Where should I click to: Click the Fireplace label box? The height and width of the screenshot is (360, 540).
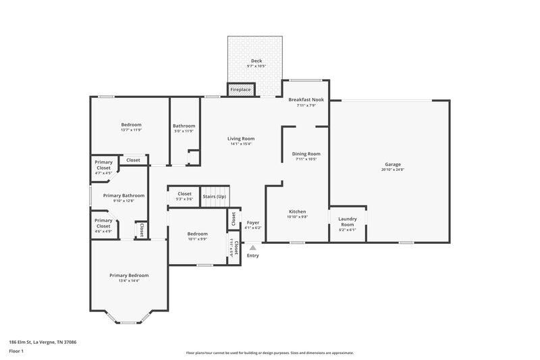[x=240, y=89]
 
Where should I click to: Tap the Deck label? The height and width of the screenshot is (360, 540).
[x=256, y=61]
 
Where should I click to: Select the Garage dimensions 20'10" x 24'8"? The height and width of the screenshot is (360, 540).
[x=392, y=170]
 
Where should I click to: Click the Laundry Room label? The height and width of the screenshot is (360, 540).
[x=348, y=221]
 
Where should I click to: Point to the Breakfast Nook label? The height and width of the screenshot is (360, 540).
[x=310, y=99]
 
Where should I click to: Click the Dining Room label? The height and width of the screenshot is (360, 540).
[x=306, y=153]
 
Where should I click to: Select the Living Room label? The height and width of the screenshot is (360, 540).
[x=241, y=138]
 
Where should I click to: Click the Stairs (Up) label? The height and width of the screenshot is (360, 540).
[x=215, y=196]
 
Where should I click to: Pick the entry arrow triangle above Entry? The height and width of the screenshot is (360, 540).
[x=253, y=249]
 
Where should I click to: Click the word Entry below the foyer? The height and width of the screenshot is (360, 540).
[x=253, y=256]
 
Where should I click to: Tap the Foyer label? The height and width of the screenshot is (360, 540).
[x=253, y=222]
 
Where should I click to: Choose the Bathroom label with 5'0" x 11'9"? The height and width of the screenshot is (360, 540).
[x=184, y=126]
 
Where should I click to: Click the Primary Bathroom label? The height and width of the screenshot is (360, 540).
[x=124, y=195]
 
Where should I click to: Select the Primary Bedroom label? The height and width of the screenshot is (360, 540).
[x=129, y=275]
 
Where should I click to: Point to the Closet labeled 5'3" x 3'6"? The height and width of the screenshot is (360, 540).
[x=184, y=194]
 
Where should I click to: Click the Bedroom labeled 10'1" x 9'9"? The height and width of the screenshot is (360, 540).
[x=198, y=234]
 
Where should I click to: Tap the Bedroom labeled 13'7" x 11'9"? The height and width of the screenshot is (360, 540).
[x=131, y=124]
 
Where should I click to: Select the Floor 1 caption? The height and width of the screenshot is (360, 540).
[x=16, y=352]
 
